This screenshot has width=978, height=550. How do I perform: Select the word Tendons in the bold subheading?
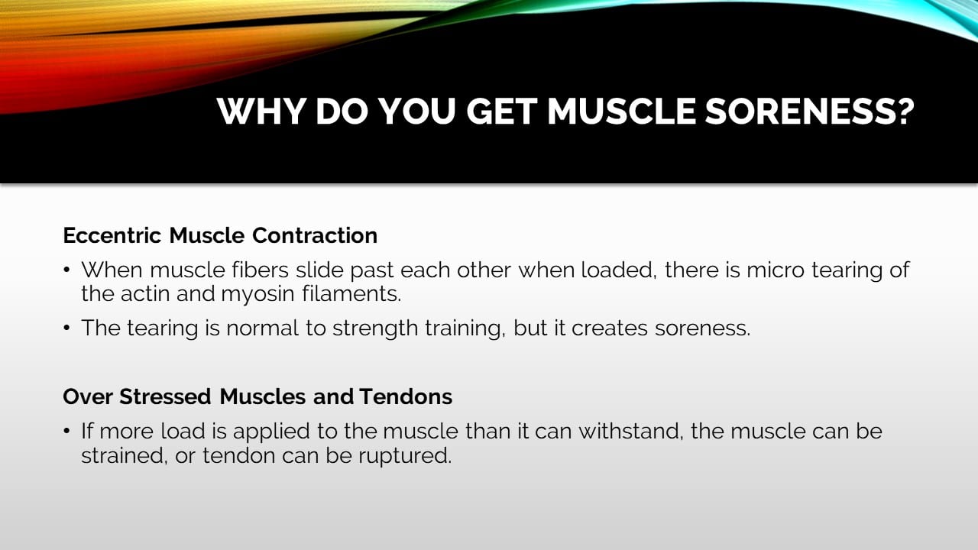pyautogui.click(x=406, y=397)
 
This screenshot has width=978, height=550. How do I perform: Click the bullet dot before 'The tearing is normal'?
pyautogui.click(x=67, y=328)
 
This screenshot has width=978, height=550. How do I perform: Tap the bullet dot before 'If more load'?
pyautogui.click(x=67, y=432)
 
